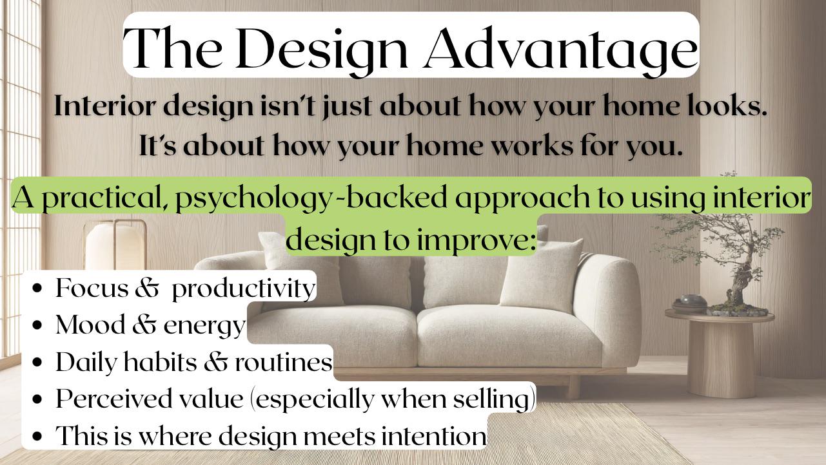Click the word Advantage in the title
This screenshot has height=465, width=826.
point(561,50)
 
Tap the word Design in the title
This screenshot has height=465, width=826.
point(322,50)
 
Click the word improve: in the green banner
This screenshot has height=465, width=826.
point(475,240)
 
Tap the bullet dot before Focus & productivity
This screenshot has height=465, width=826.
point(37,289)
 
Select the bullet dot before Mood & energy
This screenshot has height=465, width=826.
point(37,325)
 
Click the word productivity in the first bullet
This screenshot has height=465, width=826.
point(244,289)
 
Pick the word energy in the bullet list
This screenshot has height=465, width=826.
point(204,327)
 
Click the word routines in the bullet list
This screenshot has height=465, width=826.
point(284,362)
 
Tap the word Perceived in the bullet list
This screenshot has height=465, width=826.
point(113,399)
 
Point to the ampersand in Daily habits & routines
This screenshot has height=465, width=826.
point(216,362)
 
